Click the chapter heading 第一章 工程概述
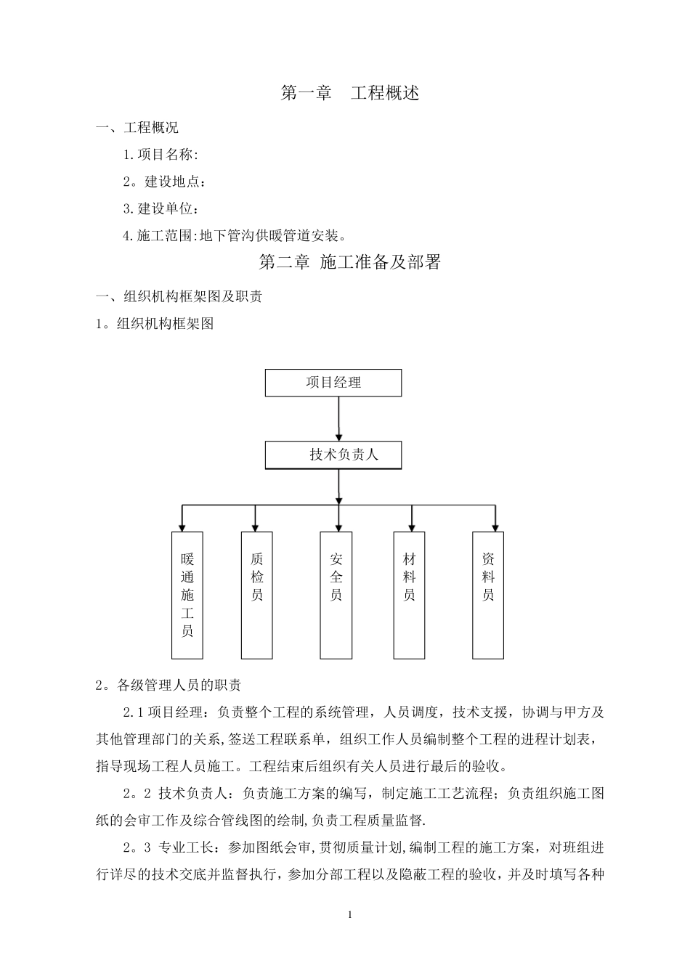click(349, 93)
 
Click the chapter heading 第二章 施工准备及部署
click(349, 262)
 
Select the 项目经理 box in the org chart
click(333, 383)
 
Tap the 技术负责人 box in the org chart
click(333, 455)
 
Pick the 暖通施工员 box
click(187, 595)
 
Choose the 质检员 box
click(256, 595)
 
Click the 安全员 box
click(336, 595)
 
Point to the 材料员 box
click(410, 595)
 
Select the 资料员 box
click(488, 595)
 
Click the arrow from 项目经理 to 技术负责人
click(339, 418)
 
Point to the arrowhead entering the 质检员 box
click(255, 526)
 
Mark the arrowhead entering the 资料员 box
click(495, 526)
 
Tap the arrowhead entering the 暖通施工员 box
click(182, 526)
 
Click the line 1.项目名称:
click(161, 154)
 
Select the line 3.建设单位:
click(161, 208)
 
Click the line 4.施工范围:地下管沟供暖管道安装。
click(235, 235)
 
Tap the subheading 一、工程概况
click(138, 128)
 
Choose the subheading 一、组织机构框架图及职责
click(179, 296)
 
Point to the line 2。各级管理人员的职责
click(169, 685)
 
